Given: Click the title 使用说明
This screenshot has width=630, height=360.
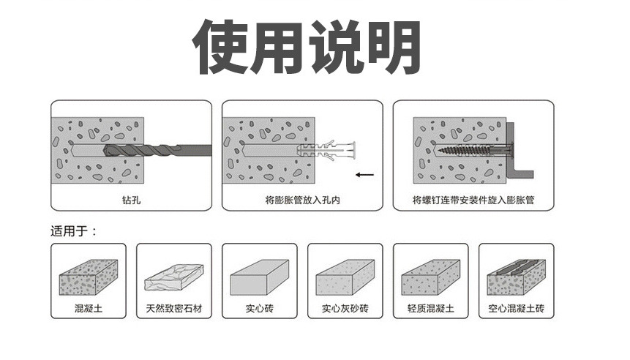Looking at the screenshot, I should (307, 46).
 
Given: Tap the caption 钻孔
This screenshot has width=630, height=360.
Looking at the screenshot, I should (131, 199).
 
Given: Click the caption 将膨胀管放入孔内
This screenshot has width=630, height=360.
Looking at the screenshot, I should (301, 199).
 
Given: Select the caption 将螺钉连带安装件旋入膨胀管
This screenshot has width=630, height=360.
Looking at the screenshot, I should (473, 199).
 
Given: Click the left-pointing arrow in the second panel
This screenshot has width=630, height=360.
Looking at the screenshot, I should (364, 175).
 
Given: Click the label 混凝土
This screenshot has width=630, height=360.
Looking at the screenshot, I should (88, 309).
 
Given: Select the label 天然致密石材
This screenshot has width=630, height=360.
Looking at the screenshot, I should (173, 309).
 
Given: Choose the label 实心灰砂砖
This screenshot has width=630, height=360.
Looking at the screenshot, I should (345, 309).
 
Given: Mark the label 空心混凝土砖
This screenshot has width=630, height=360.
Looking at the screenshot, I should (517, 309).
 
